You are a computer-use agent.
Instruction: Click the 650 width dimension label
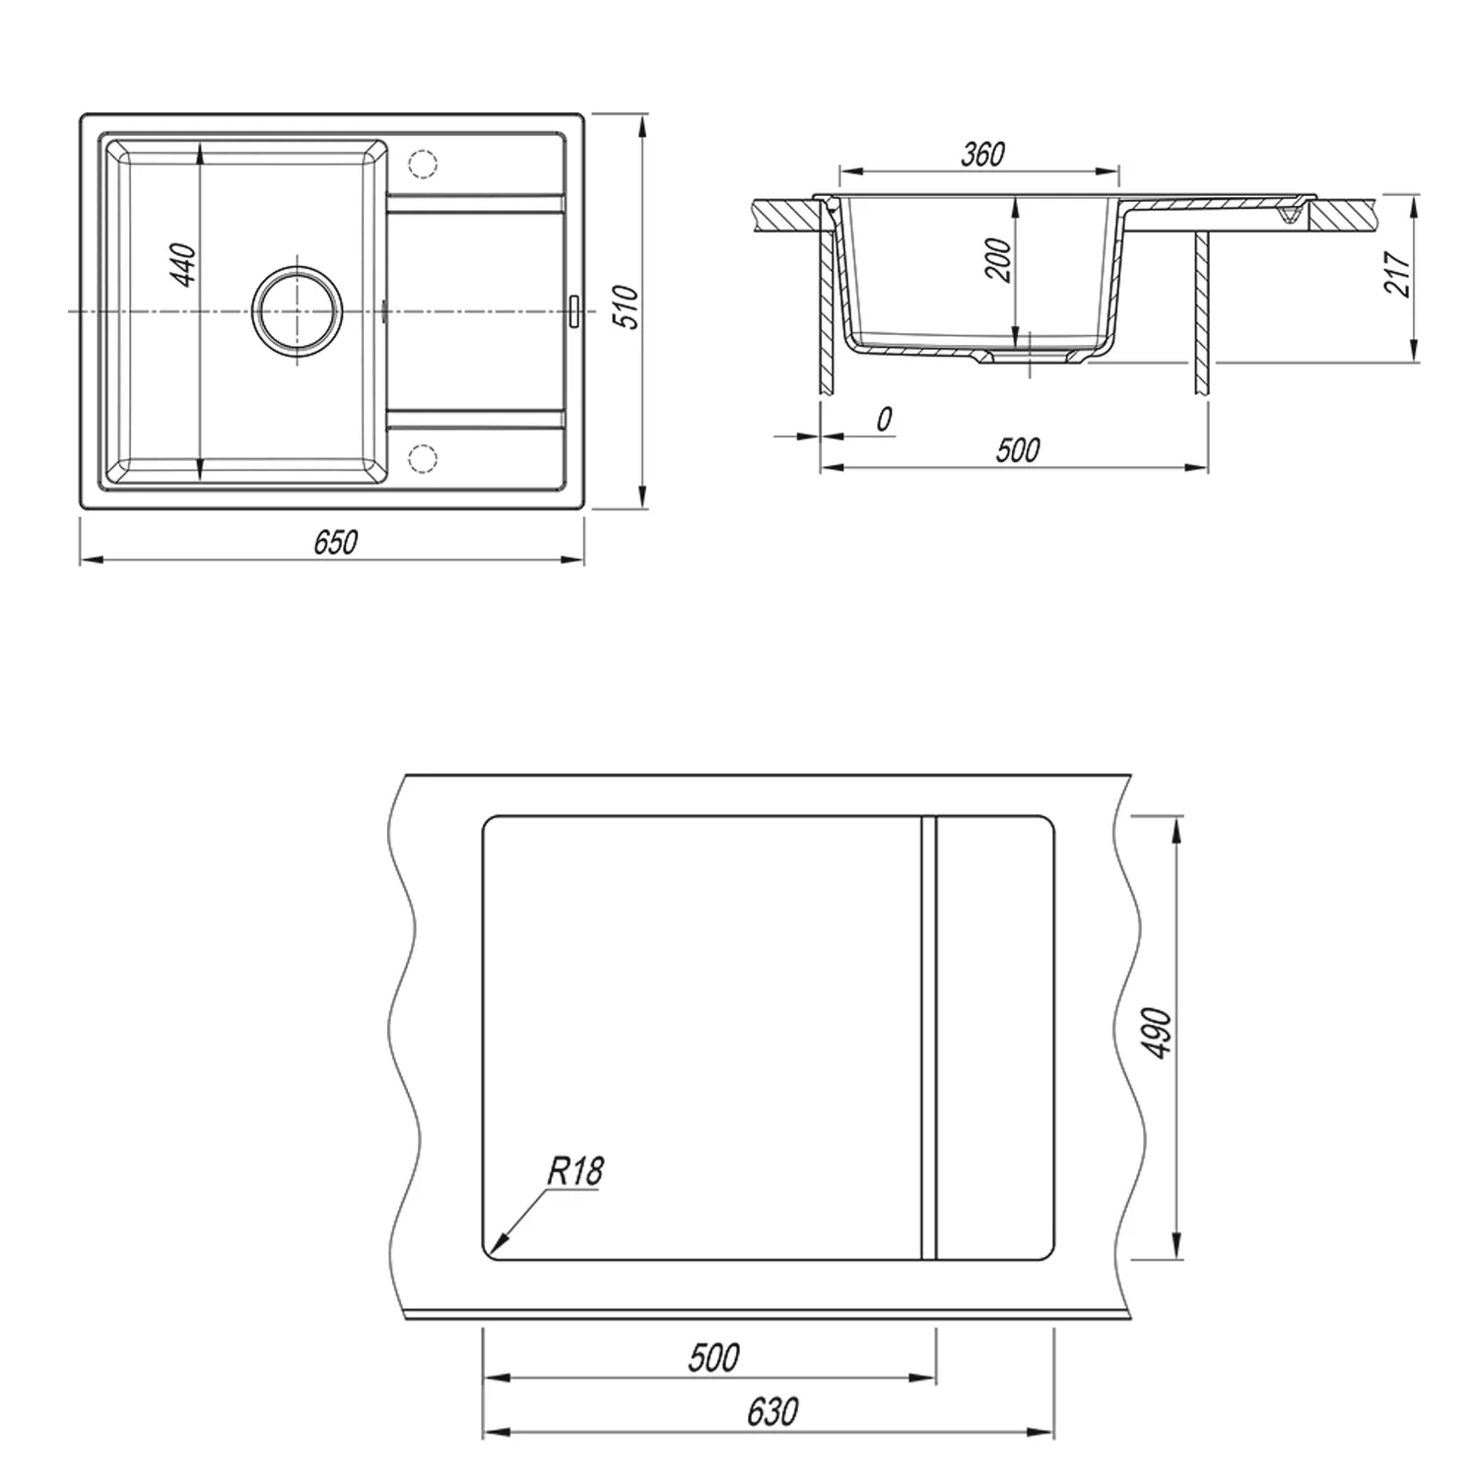pos(335,542)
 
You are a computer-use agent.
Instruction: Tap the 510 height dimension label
pos(627,307)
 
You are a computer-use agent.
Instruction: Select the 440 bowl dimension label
pos(185,264)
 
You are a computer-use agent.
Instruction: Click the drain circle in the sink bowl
pos(298,309)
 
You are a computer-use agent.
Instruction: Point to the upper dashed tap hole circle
pos(422,164)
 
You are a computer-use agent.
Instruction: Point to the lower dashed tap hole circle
pos(422,457)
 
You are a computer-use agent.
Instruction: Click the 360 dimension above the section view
pos(982,154)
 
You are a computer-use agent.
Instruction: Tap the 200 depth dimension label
pos(999,260)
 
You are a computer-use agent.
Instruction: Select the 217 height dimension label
pos(1397,273)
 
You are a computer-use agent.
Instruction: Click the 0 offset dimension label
pos(884,419)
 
